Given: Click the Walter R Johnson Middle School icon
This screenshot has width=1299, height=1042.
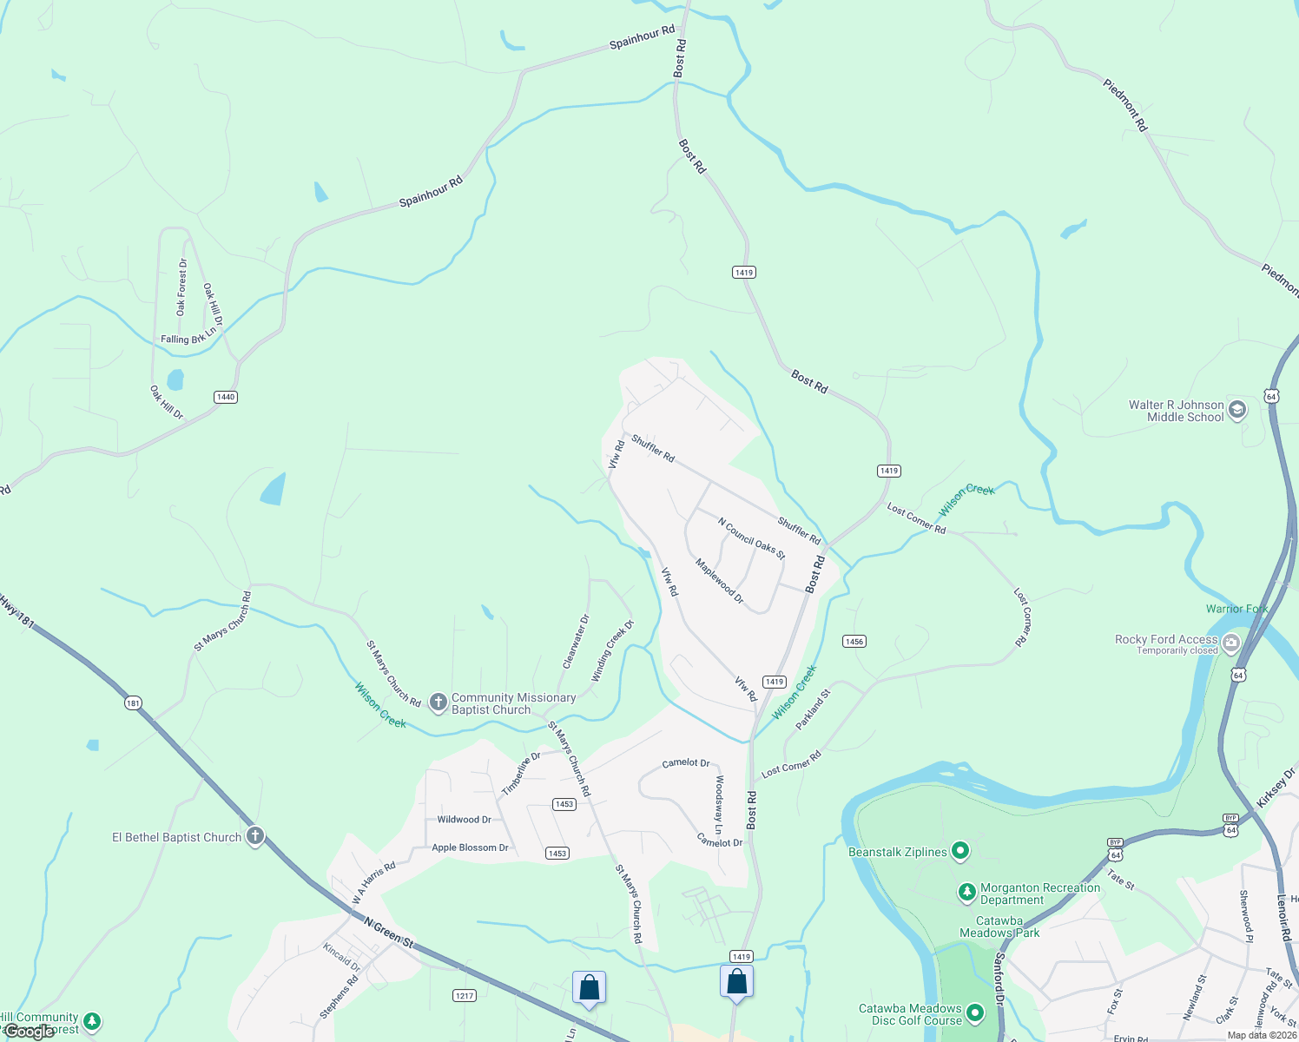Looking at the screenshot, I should (1237, 410).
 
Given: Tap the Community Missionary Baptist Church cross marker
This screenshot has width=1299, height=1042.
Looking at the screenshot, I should (438, 702).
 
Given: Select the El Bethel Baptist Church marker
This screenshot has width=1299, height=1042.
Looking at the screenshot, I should (254, 836).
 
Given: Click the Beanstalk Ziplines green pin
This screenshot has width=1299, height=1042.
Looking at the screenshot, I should (959, 851).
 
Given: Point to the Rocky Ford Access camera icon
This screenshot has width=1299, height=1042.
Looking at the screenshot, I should (1230, 643).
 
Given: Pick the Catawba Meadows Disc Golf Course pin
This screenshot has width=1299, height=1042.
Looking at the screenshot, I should (975, 1012).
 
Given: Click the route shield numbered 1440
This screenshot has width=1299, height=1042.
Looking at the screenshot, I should (226, 397).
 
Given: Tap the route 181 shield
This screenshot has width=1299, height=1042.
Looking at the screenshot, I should (133, 702).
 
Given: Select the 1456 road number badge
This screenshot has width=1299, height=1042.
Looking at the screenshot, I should (854, 642).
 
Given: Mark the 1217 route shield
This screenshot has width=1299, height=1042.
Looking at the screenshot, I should (465, 995).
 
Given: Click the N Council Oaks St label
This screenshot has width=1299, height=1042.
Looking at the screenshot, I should (751, 538).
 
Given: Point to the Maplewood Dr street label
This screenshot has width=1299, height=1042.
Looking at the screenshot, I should (719, 581).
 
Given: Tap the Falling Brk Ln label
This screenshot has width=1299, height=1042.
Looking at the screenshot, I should (188, 338).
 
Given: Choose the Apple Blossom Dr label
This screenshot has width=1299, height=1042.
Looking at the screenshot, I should (470, 847).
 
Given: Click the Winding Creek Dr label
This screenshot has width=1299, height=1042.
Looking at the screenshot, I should (613, 650).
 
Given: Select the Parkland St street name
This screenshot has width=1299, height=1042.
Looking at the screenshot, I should (813, 709).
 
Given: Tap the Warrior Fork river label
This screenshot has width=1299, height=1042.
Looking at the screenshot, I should (1236, 609).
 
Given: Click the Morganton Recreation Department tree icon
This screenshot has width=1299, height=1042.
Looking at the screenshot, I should (966, 892).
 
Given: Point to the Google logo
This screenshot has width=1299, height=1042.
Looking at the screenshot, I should (29, 1032).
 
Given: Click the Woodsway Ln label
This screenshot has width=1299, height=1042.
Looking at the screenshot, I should (718, 799).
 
